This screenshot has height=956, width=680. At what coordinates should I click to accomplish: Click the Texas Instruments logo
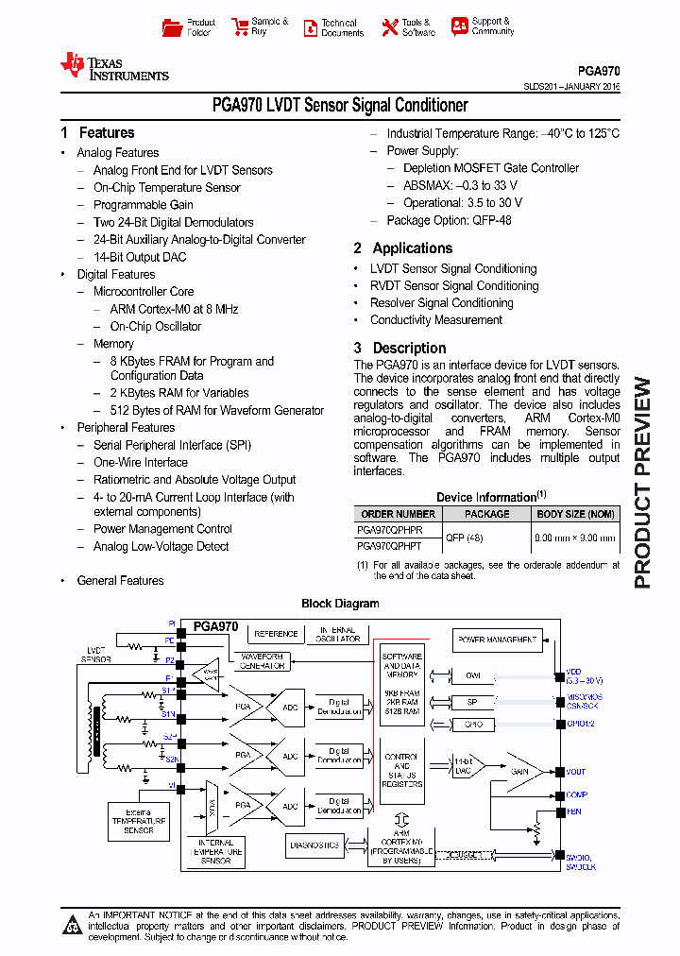pos(113,66)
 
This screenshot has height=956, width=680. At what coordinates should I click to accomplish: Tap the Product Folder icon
pos(172,27)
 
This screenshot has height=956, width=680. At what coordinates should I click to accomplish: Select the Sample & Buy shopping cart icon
pos(239,27)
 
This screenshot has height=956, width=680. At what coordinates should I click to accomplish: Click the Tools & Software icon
pos(390,27)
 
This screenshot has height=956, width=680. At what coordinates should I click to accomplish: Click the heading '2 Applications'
pos(403,248)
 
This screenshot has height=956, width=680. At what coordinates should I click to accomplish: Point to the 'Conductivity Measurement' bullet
pos(435,320)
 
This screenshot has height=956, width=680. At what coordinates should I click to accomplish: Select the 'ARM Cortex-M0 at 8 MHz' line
pos(174,309)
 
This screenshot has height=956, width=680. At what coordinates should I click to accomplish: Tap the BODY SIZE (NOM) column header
pos(575,514)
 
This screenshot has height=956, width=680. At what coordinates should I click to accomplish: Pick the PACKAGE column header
pos(487,514)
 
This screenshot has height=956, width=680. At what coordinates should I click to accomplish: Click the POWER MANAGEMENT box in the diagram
pos(497,640)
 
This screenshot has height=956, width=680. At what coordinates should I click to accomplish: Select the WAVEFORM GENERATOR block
pos(263,661)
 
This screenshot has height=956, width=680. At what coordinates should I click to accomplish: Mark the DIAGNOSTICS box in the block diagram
pos(314,845)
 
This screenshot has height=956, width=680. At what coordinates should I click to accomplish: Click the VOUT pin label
pos(576,772)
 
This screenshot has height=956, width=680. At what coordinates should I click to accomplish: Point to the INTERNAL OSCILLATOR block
pos(337,635)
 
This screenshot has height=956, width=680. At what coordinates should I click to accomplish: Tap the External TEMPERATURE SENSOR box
pos(138,819)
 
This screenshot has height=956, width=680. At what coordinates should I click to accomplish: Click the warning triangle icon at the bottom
pos(73,925)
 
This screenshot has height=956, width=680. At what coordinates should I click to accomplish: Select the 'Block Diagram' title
pos(340,604)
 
